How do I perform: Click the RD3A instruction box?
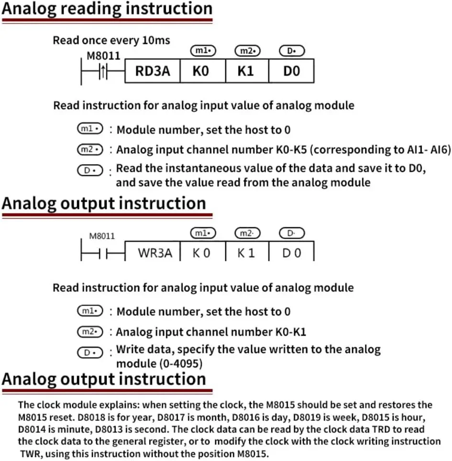coord(153,71)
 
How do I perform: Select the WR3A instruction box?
coord(155,252)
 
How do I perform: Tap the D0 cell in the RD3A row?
coord(292,71)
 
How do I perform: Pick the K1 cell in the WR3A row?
coord(247,252)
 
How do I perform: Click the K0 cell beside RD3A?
coord(201,71)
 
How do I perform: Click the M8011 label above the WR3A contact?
coord(102,236)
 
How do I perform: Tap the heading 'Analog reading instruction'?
coord(107,9)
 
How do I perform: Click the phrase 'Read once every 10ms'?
coord(111,41)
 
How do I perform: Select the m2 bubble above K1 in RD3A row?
coord(246,51)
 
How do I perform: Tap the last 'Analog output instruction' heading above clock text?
coord(104,379)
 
